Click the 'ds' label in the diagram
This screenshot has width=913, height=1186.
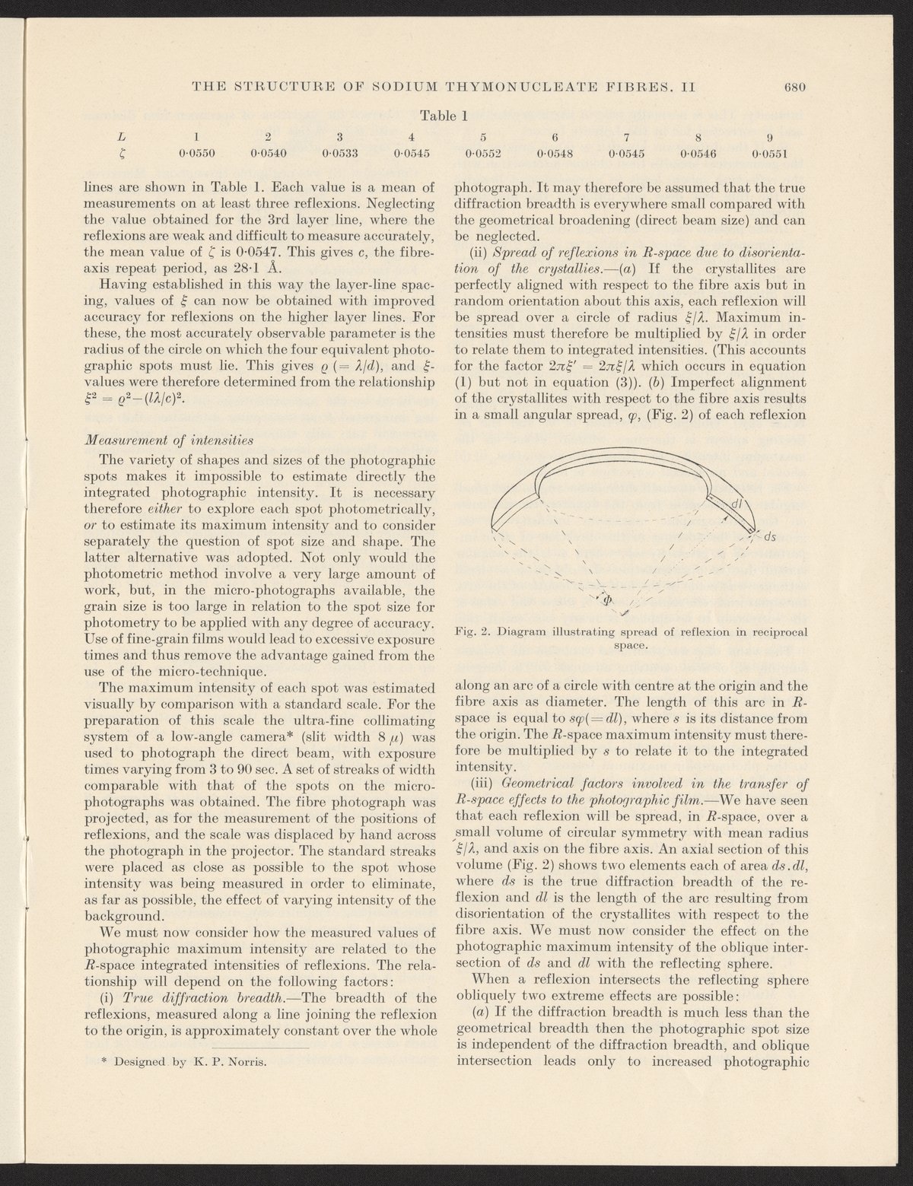[769, 536]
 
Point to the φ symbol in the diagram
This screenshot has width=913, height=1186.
[606, 599]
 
